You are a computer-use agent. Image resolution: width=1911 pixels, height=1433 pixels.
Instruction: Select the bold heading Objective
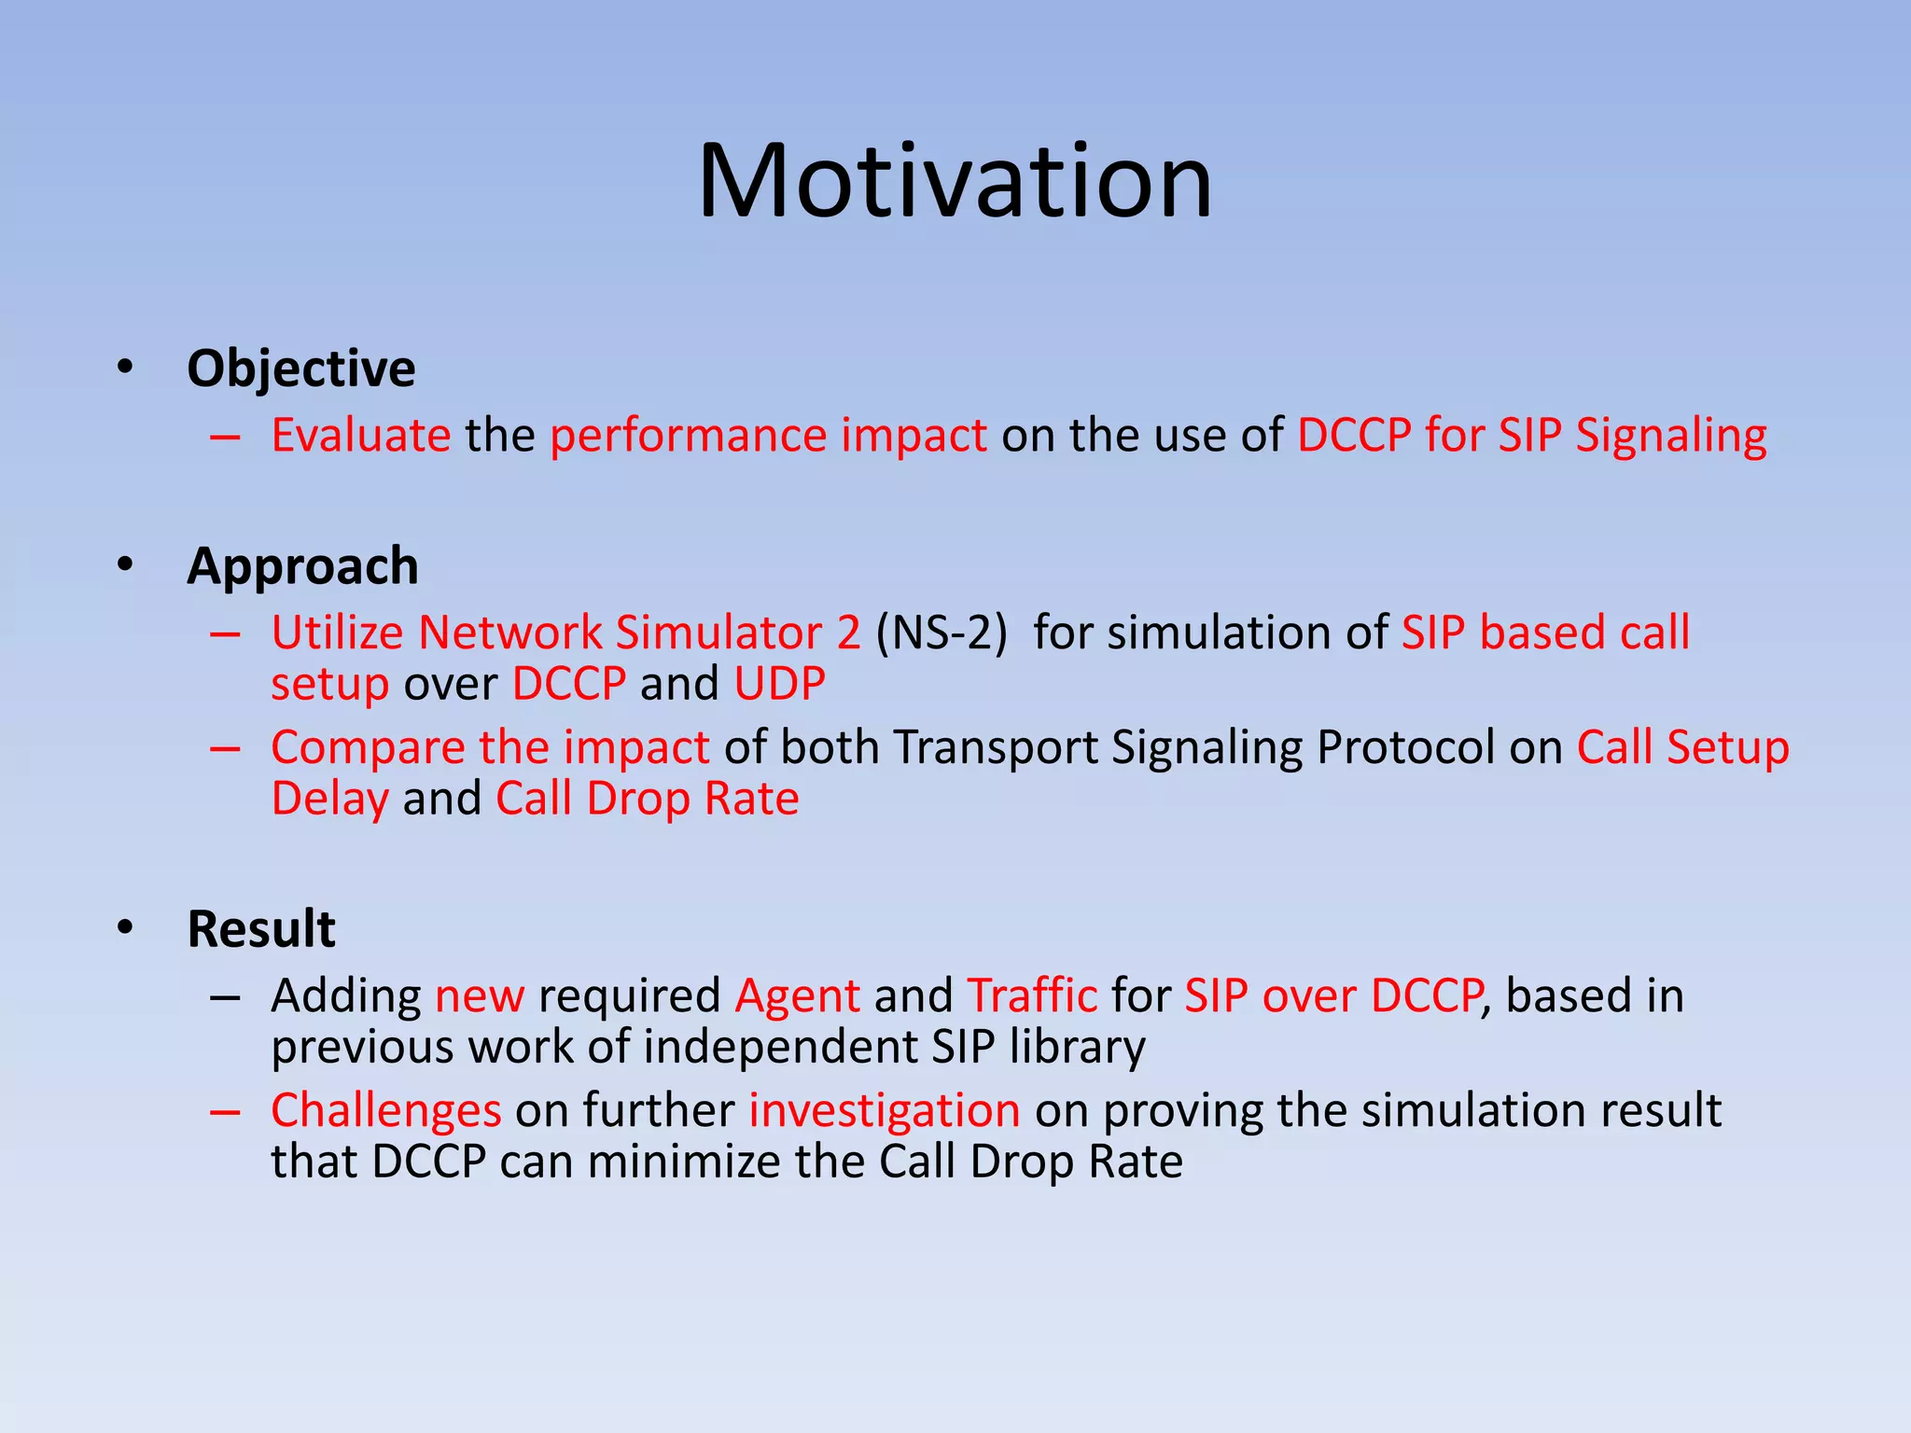tap(300, 369)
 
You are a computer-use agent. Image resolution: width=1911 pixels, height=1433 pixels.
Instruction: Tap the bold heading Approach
tap(302, 566)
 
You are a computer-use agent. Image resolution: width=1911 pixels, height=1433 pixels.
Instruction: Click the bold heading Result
tap(260, 929)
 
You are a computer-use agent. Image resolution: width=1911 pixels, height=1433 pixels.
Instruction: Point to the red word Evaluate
tap(360, 436)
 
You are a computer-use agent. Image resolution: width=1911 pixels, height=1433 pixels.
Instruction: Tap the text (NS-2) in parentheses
tap(942, 633)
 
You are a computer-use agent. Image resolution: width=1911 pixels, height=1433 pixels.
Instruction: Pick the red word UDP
tap(779, 684)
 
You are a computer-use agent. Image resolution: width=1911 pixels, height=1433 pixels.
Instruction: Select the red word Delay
tap(329, 800)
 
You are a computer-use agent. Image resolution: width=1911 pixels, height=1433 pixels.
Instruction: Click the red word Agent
tap(797, 997)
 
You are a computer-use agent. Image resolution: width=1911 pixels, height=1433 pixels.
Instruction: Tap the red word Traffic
tap(1032, 995)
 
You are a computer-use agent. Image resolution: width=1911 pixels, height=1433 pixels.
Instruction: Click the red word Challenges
tap(386, 1111)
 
